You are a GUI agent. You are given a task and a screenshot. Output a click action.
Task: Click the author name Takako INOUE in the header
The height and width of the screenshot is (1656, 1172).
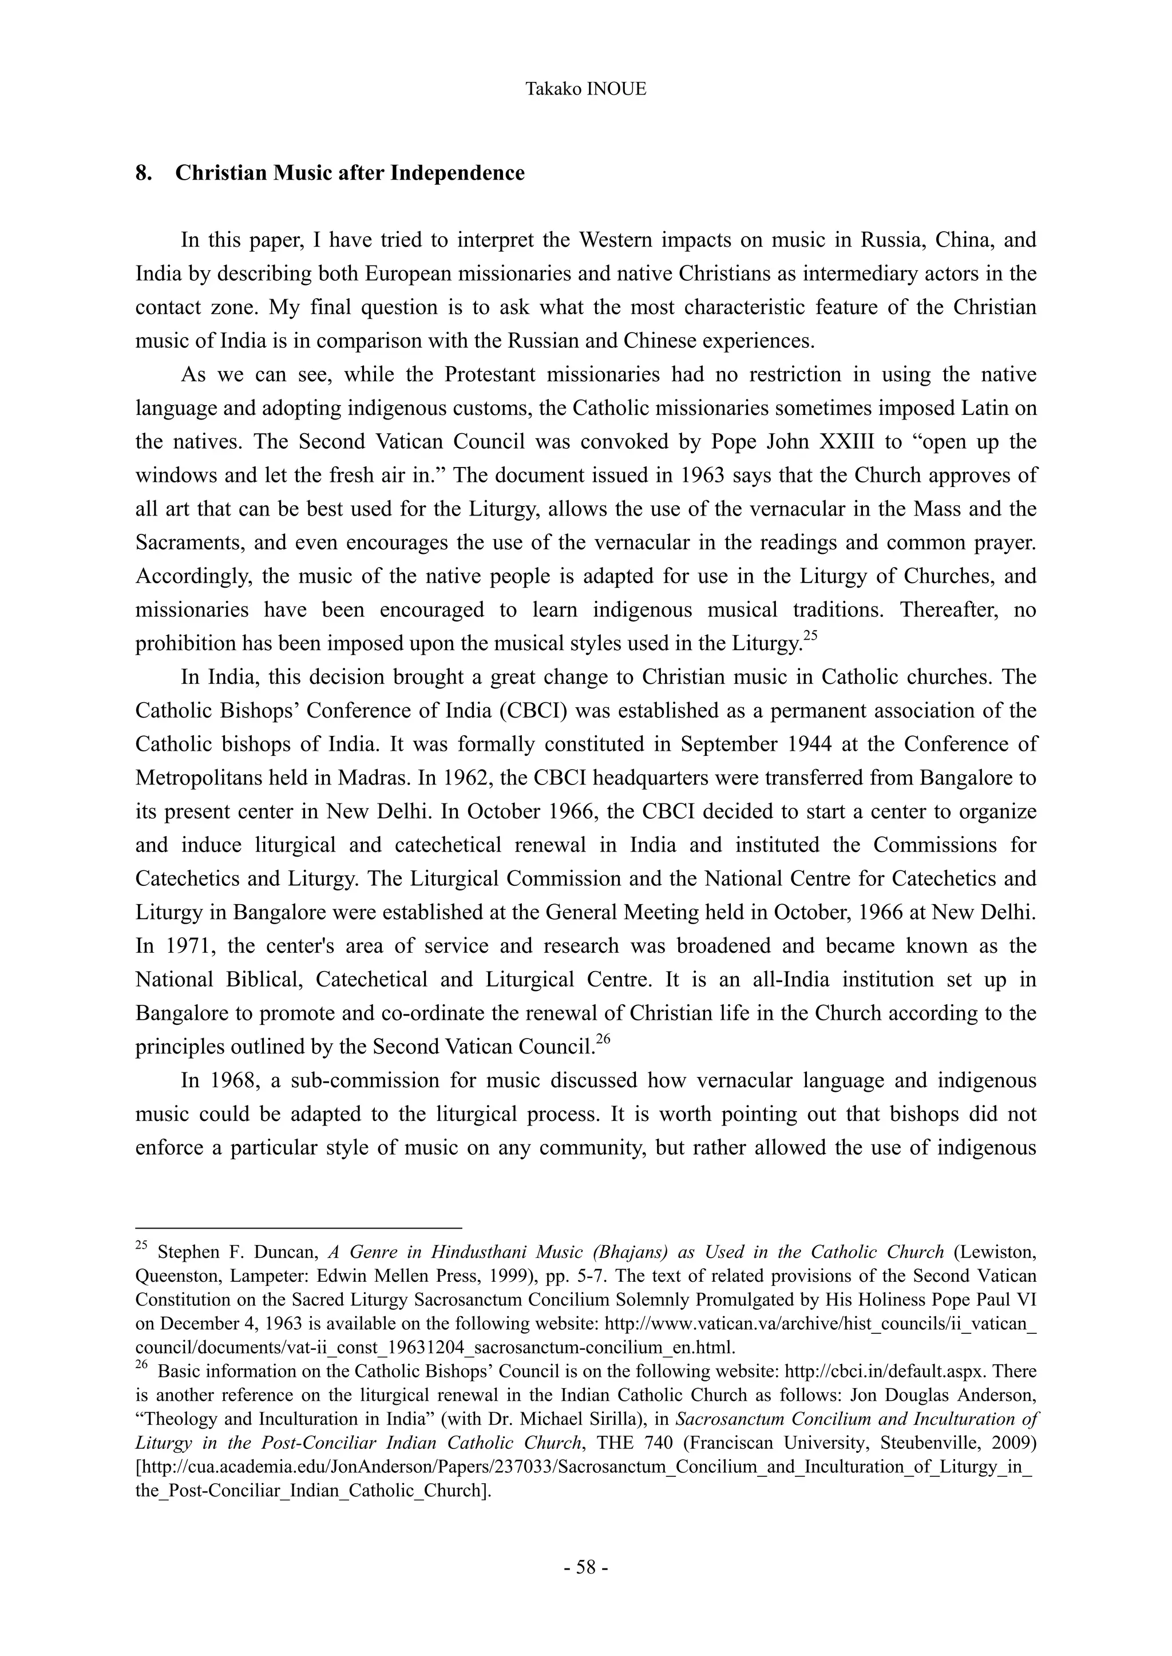point(585,89)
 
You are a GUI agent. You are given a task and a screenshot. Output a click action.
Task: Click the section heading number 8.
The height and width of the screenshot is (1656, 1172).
point(142,173)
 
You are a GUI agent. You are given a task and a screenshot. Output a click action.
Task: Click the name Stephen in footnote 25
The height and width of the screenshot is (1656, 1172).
point(185,1252)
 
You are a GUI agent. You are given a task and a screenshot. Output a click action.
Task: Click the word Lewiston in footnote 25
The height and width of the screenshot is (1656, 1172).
point(1000,1252)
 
